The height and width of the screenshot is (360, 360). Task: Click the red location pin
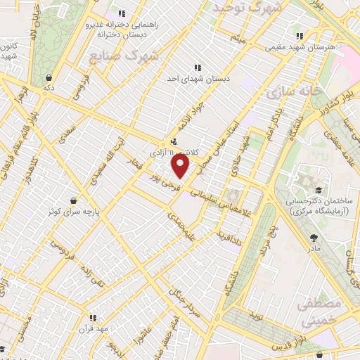click(x=181, y=166)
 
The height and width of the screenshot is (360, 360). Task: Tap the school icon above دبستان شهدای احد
click(x=197, y=67)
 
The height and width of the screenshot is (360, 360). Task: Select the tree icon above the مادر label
click(x=313, y=237)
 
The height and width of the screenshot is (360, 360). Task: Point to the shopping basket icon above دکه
click(x=48, y=77)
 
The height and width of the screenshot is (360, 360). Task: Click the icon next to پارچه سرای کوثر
click(x=74, y=200)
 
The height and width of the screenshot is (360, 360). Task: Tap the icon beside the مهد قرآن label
click(x=92, y=317)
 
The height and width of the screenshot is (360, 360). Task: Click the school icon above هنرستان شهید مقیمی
click(x=300, y=36)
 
